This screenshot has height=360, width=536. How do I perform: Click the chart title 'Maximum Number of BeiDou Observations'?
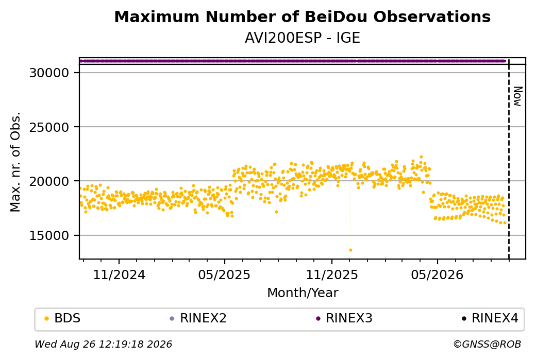302,16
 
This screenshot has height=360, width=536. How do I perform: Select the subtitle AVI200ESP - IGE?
302,38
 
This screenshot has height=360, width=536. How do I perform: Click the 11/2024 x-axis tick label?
119,275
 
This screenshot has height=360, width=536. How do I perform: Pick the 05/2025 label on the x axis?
224,275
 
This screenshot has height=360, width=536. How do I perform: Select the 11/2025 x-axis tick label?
331,275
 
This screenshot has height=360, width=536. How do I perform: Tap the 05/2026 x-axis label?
437,275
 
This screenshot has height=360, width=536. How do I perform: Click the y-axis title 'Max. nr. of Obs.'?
15,162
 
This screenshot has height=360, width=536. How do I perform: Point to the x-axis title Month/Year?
303,293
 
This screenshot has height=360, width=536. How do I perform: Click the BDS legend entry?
62,318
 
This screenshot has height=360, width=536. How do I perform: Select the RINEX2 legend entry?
198,318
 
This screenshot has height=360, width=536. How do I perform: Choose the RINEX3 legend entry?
344,318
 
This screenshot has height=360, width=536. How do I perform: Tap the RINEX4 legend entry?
490,318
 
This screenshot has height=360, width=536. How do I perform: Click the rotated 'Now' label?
517,96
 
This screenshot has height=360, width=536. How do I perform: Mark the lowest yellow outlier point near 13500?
350,250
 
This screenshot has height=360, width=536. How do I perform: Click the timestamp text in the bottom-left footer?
104,344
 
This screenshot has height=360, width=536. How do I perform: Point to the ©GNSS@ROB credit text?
487,344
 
